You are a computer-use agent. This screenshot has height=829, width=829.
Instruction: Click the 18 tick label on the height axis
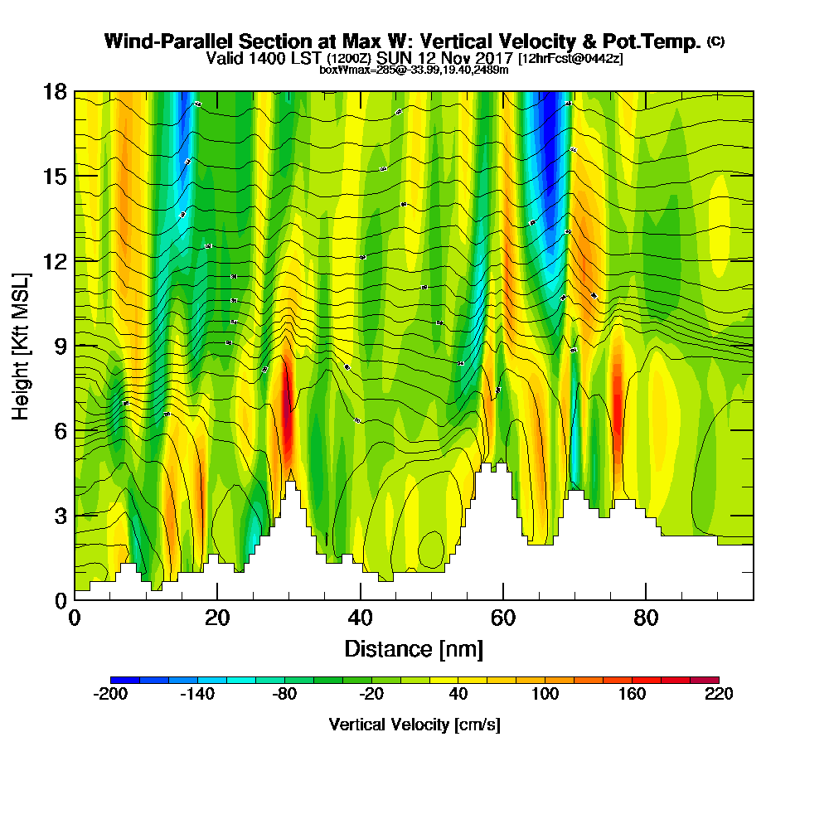(55, 91)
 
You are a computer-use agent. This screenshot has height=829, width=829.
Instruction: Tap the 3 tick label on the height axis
(61, 515)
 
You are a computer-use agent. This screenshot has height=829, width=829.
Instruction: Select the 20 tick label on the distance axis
(217, 618)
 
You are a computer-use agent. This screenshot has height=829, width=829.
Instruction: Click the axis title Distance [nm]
(414, 648)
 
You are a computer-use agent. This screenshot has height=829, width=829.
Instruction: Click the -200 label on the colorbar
(110, 695)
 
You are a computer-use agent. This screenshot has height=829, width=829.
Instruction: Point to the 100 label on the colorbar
(545, 695)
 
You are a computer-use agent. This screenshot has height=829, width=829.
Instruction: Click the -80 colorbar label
(284, 695)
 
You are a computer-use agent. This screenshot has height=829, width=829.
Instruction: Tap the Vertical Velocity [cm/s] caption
(414, 725)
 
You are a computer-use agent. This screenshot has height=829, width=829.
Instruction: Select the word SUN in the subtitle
(394, 59)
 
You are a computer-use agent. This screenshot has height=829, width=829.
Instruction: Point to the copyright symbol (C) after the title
(715, 41)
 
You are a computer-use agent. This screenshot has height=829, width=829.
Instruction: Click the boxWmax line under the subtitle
(414, 70)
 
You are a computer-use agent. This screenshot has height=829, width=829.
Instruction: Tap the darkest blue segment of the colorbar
(125, 680)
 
